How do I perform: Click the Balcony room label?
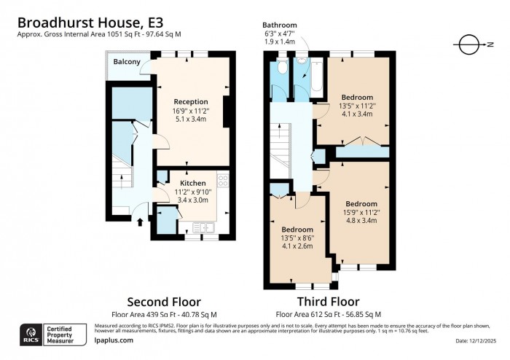126,62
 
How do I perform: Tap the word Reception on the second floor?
191,101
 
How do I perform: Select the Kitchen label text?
193,183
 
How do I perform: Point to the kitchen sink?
198,227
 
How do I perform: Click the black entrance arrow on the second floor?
140,221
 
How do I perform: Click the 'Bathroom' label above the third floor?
280,25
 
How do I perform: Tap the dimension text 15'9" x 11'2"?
361,212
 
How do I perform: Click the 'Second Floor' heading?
164,302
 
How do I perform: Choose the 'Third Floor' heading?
328,302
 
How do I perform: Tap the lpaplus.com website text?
114,340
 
